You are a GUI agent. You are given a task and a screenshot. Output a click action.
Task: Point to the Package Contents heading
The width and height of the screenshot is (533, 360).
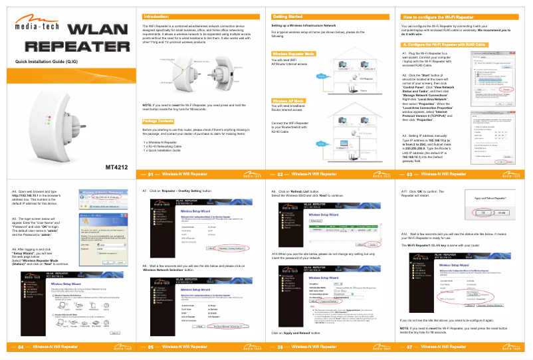click(x=158, y=121)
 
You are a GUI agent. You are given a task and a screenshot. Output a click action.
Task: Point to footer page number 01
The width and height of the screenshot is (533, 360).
click(x=150, y=174)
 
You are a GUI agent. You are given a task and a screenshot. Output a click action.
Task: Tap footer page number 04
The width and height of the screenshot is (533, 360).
click(x=21, y=346)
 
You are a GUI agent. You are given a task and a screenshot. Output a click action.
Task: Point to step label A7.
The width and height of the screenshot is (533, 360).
click(x=146, y=191)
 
